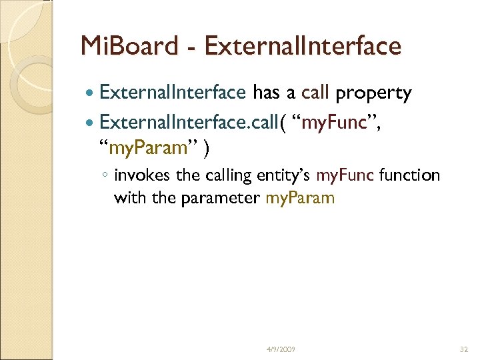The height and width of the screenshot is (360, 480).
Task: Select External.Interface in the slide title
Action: coord(303,46)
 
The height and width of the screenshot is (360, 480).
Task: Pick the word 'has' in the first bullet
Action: coord(267,94)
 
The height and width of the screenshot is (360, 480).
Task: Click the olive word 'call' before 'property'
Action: coord(316,94)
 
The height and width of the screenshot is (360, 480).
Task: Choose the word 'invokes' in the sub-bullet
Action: coord(137,176)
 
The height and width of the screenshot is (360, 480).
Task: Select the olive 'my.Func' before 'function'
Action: coord(345,176)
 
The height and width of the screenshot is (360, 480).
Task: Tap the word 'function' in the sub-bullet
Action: coord(409,176)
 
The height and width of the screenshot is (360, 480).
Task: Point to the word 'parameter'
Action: coord(230,198)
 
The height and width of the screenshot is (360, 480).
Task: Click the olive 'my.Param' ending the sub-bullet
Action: coord(300,198)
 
